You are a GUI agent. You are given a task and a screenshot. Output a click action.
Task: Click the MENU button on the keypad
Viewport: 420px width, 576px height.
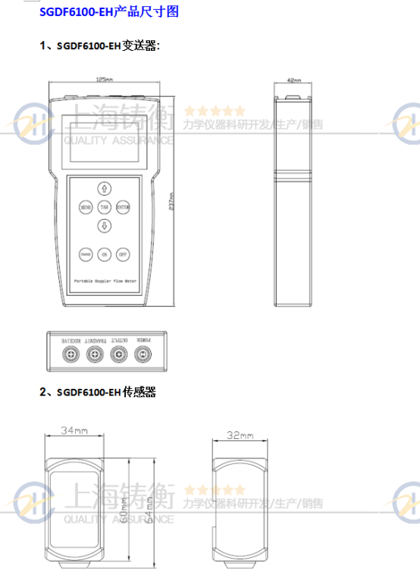point(85,206)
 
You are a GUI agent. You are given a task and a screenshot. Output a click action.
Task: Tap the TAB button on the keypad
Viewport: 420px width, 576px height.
point(104,206)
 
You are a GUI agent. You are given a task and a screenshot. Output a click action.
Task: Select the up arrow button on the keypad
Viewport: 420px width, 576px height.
point(104,188)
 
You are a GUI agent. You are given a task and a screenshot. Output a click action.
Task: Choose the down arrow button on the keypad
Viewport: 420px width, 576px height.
point(104,225)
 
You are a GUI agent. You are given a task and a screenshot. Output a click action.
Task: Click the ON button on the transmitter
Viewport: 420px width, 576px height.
point(104,255)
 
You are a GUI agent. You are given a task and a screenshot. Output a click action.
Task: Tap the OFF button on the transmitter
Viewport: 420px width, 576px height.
point(122,255)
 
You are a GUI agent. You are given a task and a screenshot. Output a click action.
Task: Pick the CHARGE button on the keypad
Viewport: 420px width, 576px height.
point(85,255)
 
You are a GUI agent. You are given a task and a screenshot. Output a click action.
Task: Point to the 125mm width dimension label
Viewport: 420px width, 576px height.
point(105,79)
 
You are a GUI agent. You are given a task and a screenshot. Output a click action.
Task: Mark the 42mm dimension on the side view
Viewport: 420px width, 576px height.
point(295,79)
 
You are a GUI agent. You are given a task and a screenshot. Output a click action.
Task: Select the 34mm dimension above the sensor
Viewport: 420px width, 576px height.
point(73,430)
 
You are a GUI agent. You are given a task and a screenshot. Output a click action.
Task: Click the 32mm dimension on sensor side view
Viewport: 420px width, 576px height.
point(239,435)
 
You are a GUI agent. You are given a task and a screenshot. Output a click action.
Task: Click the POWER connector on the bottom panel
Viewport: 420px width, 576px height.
point(142,353)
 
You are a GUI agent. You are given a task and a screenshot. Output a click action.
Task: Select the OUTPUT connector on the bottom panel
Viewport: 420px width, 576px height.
point(118,353)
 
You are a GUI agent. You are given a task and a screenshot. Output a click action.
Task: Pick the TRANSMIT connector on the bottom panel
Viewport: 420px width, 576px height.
point(94,353)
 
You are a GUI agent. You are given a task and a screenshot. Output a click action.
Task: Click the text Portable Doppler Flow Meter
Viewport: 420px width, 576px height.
point(104,280)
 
